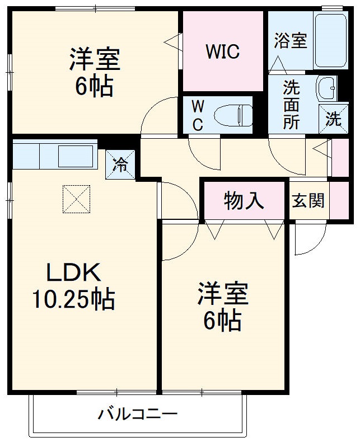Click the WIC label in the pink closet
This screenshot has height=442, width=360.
222,52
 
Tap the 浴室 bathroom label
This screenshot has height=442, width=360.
291,40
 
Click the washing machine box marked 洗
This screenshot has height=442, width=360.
333,118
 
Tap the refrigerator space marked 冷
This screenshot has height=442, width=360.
120,164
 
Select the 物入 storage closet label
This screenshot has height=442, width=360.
244,200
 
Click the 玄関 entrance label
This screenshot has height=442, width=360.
308,200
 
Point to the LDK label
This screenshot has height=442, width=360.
73,274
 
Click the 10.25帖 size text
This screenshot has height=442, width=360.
73,300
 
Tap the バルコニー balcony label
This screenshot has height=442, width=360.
138,415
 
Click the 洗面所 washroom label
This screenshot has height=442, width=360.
291,105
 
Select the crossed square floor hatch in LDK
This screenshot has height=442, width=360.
76,199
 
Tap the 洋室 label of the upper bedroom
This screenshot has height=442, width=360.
95,60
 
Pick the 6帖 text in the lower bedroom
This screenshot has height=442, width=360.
222,321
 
